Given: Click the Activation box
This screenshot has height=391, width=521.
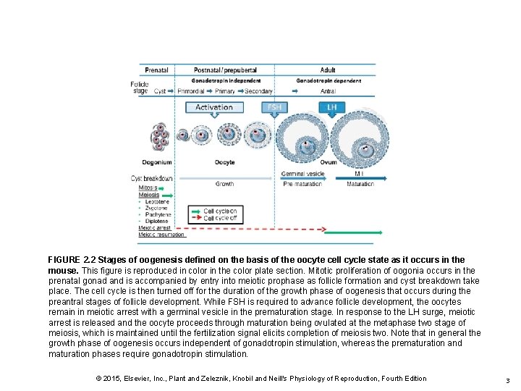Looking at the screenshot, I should coord(214,107).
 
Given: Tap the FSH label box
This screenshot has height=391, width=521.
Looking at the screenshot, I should coord(275,107).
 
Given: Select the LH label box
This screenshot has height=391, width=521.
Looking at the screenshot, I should coord(332,107).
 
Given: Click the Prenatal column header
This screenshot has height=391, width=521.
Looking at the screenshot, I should coord(156,70).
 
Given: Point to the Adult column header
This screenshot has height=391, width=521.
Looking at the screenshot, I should coord(328,70).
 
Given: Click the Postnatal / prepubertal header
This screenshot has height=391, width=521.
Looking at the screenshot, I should coord(225,70).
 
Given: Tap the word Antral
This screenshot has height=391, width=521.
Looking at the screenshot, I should coord(328,91).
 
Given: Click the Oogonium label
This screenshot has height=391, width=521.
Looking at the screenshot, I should coord(157,162).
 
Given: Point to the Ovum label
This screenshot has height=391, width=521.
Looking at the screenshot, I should coord(329,162).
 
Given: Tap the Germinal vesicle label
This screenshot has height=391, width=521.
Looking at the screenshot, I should coord(302,175).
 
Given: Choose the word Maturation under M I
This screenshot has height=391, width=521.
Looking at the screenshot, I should coord(360,184).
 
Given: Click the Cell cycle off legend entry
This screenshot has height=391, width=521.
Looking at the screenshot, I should coord(220,218).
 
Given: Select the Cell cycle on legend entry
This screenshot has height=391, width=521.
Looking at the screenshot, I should coord(220,211).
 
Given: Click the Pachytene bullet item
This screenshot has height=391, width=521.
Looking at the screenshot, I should coord(156,214).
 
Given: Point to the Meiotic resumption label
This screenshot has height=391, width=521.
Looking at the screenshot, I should coord(161,234).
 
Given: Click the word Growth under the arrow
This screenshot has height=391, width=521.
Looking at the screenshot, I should coord(224,184).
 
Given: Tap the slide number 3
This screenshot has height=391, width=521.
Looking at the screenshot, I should coord(508,380).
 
